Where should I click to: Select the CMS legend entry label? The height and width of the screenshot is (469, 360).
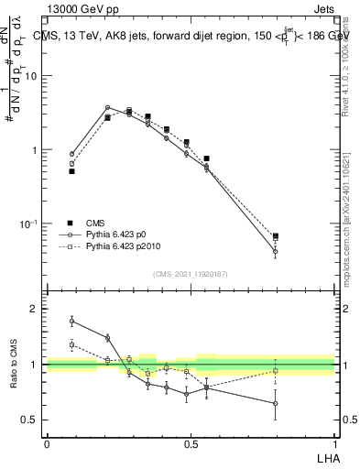tap(96, 223)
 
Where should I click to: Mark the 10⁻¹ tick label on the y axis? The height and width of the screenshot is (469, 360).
tap(29, 224)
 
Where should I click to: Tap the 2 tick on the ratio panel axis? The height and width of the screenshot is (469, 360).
tap(34, 309)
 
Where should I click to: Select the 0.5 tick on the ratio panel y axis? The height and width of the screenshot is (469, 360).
tap(29, 420)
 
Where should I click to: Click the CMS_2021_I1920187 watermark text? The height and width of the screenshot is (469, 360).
tap(191, 274)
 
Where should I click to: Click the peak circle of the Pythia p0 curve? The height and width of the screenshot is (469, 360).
tap(107, 107)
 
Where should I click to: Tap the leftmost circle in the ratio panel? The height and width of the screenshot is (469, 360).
tap(71, 321)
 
